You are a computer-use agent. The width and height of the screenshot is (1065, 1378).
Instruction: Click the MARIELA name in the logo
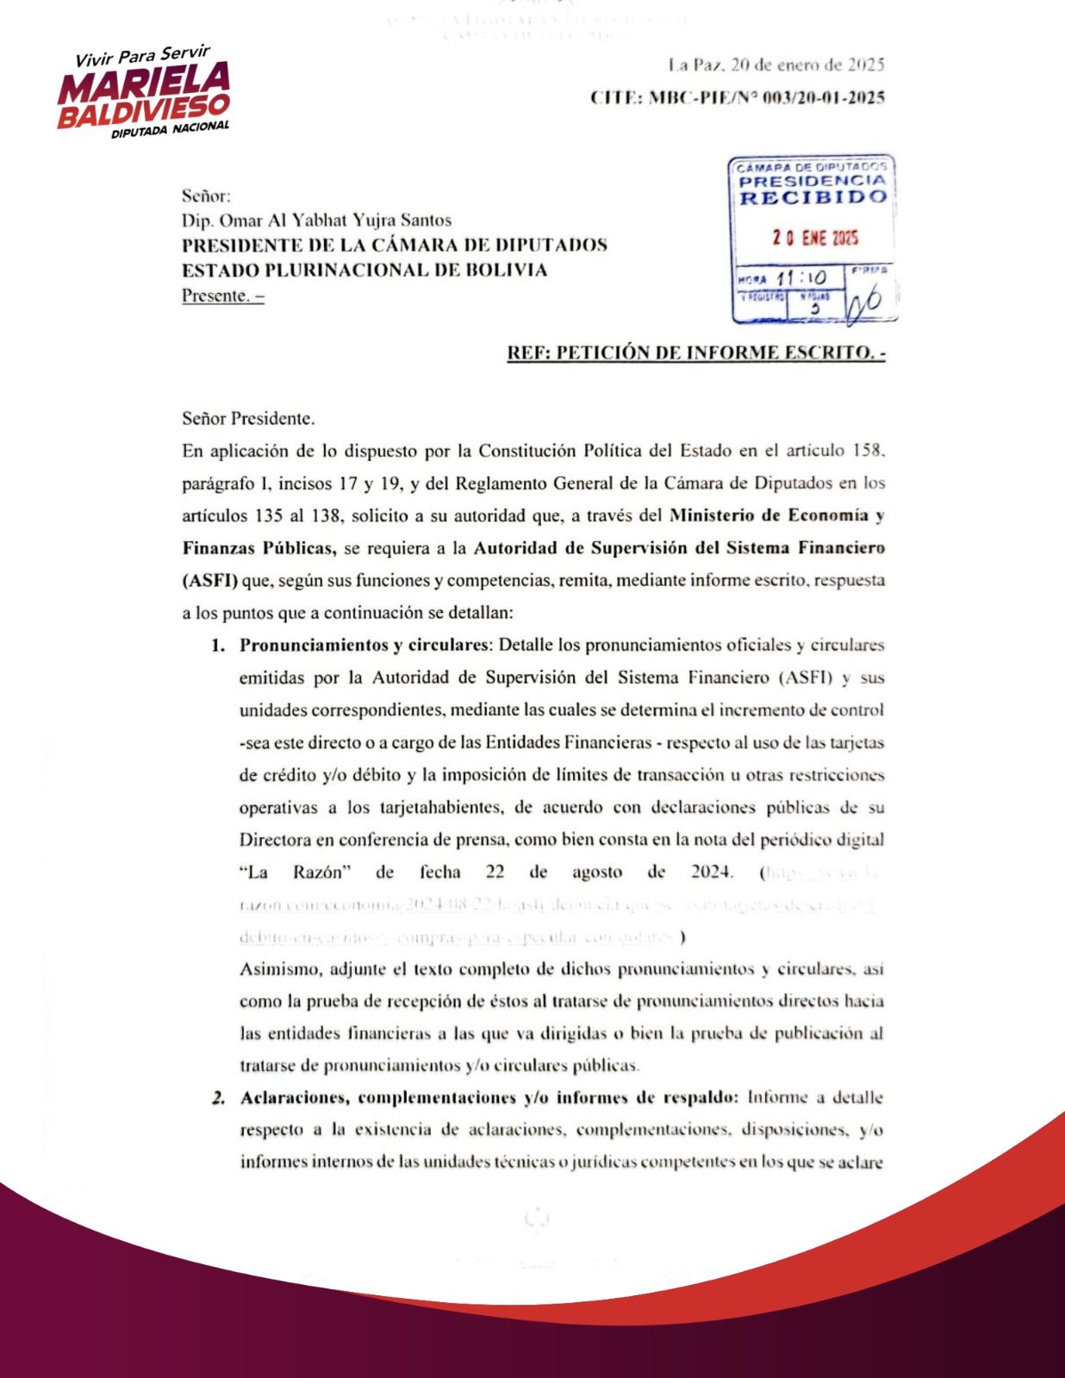click(x=145, y=83)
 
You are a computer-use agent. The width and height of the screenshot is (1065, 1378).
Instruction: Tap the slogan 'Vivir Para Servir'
click(x=142, y=55)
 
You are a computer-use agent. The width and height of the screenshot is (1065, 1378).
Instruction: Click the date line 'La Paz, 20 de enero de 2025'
click(x=776, y=65)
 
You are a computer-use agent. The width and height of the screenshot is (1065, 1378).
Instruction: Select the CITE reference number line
click(x=738, y=97)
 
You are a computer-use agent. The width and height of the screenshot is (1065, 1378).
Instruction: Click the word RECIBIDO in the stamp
click(x=813, y=197)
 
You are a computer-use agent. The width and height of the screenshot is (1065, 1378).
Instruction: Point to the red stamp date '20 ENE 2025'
click(x=815, y=238)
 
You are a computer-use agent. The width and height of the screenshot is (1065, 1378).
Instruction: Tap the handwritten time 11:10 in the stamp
click(x=800, y=277)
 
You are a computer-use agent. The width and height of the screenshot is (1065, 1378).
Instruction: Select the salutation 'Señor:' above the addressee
click(x=206, y=196)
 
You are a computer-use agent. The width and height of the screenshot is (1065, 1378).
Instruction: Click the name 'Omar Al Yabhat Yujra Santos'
click(x=335, y=220)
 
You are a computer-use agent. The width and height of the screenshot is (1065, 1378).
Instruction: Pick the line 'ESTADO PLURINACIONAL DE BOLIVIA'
click(x=364, y=270)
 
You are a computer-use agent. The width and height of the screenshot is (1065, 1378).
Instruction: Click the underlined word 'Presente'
click(x=215, y=295)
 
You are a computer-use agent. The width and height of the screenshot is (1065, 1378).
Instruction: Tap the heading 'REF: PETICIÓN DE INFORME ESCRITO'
click(x=695, y=352)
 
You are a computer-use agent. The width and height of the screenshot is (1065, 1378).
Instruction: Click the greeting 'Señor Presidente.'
click(x=248, y=419)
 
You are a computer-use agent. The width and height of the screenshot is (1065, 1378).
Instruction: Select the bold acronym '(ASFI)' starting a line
click(x=209, y=580)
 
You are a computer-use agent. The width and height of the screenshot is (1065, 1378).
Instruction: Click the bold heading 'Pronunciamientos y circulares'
click(x=363, y=645)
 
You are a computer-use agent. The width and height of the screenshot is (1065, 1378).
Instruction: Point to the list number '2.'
click(x=219, y=1098)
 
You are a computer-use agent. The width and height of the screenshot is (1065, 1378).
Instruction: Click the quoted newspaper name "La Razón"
click(x=295, y=872)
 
